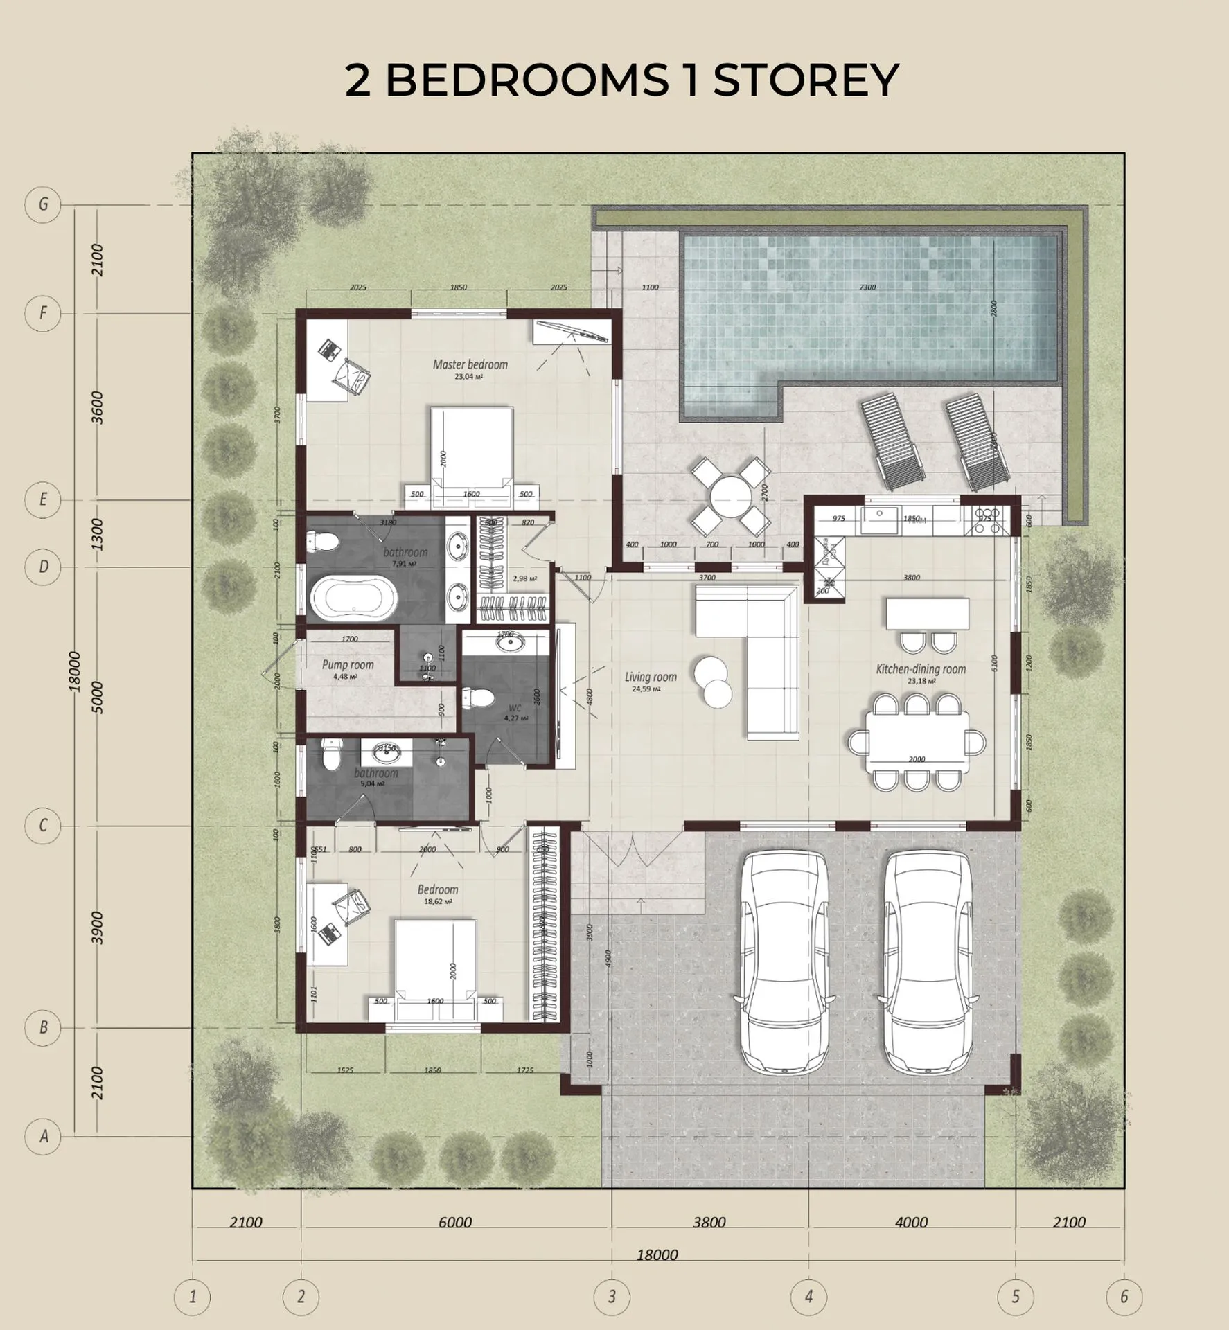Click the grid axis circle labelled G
point(43,205)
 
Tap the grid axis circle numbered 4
point(808,1295)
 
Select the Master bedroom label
point(470,364)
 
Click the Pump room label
point(348,665)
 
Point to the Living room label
point(651,677)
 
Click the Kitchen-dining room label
point(921,669)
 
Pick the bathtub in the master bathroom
point(354,599)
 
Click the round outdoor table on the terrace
point(730,497)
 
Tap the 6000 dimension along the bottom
point(455,1222)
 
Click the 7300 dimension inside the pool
point(867,287)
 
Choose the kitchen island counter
point(927,614)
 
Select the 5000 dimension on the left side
point(97,698)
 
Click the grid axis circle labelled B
point(43,1027)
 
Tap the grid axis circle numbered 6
point(1124,1295)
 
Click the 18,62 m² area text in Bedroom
point(438,902)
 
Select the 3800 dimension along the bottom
point(709,1222)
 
